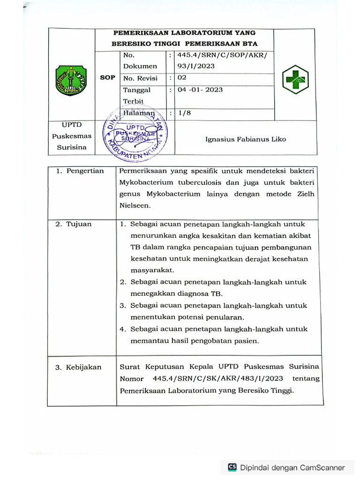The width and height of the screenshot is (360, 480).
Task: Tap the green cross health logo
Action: [x=295, y=80]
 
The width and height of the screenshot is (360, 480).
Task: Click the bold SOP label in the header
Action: [x=107, y=78]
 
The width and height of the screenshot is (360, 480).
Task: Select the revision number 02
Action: [x=181, y=78]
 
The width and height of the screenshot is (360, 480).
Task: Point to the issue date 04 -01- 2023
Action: [x=200, y=90]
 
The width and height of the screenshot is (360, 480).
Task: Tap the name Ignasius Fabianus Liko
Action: [x=246, y=139]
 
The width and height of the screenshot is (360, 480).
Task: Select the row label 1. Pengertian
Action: [x=80, y=171]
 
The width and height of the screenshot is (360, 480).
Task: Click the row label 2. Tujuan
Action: [x=74, y=224]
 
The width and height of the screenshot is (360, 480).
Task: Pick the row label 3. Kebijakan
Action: [x=78, y=367]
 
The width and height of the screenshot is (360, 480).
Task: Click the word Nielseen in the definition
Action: [x=135, y=205]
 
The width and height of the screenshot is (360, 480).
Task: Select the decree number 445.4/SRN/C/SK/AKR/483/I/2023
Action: [x=217, y=379]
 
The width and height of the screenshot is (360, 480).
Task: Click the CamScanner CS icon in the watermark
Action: [x=232, y=467]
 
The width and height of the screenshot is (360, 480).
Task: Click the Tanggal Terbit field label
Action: [x=136, y=95]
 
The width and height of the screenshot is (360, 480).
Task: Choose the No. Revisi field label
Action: [x=140, y=78]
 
